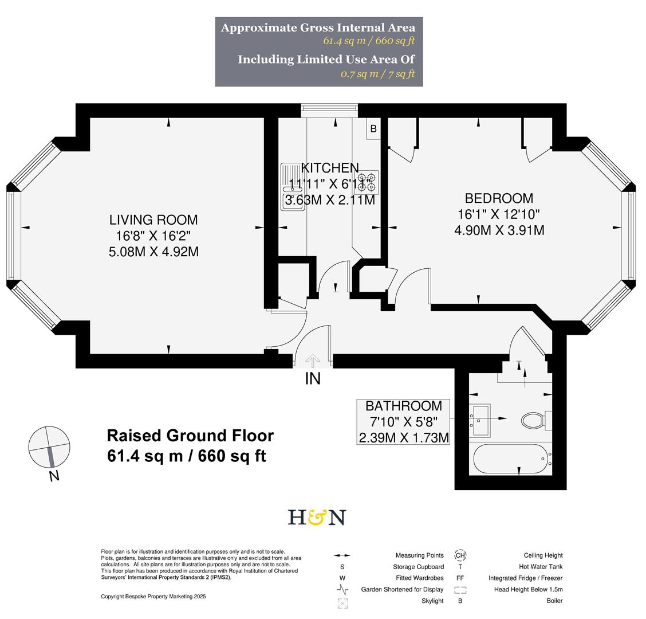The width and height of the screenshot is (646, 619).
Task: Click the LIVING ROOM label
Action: click(x=153, y=220)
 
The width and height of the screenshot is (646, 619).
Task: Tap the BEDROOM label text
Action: click(x=499, y=198)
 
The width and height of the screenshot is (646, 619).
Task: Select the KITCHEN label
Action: click(x=330, y=168)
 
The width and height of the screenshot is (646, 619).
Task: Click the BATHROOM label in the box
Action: click(x=404, y=406)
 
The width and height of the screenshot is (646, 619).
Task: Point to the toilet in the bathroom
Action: click(x=534, y=421)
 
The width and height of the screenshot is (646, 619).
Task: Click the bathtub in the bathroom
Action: click(x=512, y=459)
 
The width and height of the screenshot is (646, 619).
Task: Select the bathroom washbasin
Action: click(x=480, y=418)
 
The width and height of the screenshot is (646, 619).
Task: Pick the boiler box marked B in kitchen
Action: click(x=373, y=129)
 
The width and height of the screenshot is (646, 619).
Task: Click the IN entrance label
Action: click(x=313, y=379)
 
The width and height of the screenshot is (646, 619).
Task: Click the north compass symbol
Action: click(x=49, y=448)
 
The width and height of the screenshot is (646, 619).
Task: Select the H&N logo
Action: click(x=317, y=517)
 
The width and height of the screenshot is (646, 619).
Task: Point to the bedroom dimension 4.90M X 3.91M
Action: click(x=499, y=230)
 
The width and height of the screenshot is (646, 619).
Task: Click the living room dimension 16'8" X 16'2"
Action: click(x=153, y=236)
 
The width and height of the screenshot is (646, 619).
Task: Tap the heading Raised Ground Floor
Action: click(x=190, y=436)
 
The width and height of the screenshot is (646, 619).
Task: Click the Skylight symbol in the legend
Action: click(x=343, y=602)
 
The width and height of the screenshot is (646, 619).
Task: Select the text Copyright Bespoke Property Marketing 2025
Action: click(x=153, y=597)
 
